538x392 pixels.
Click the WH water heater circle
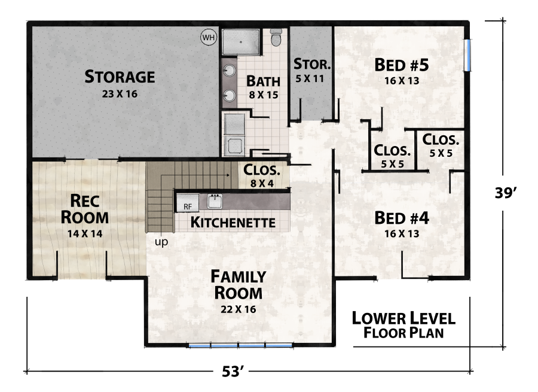pos(208,38)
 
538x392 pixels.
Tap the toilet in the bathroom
pos(276,39)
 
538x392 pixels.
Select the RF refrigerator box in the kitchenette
pos(187,203)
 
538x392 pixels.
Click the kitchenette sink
pos(215,200)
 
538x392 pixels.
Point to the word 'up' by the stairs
pos(161,242)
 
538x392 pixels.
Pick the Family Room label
pos(238,284)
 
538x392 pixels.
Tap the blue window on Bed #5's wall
pos(469,54)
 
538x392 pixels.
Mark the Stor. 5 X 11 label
pos(311,69)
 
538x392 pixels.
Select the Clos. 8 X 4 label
pos(262,175)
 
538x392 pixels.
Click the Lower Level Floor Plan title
pos(403,325)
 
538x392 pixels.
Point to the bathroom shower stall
pos(241,42)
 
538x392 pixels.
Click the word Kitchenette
pos(233,223)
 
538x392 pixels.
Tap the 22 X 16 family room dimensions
pos(238,309)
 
